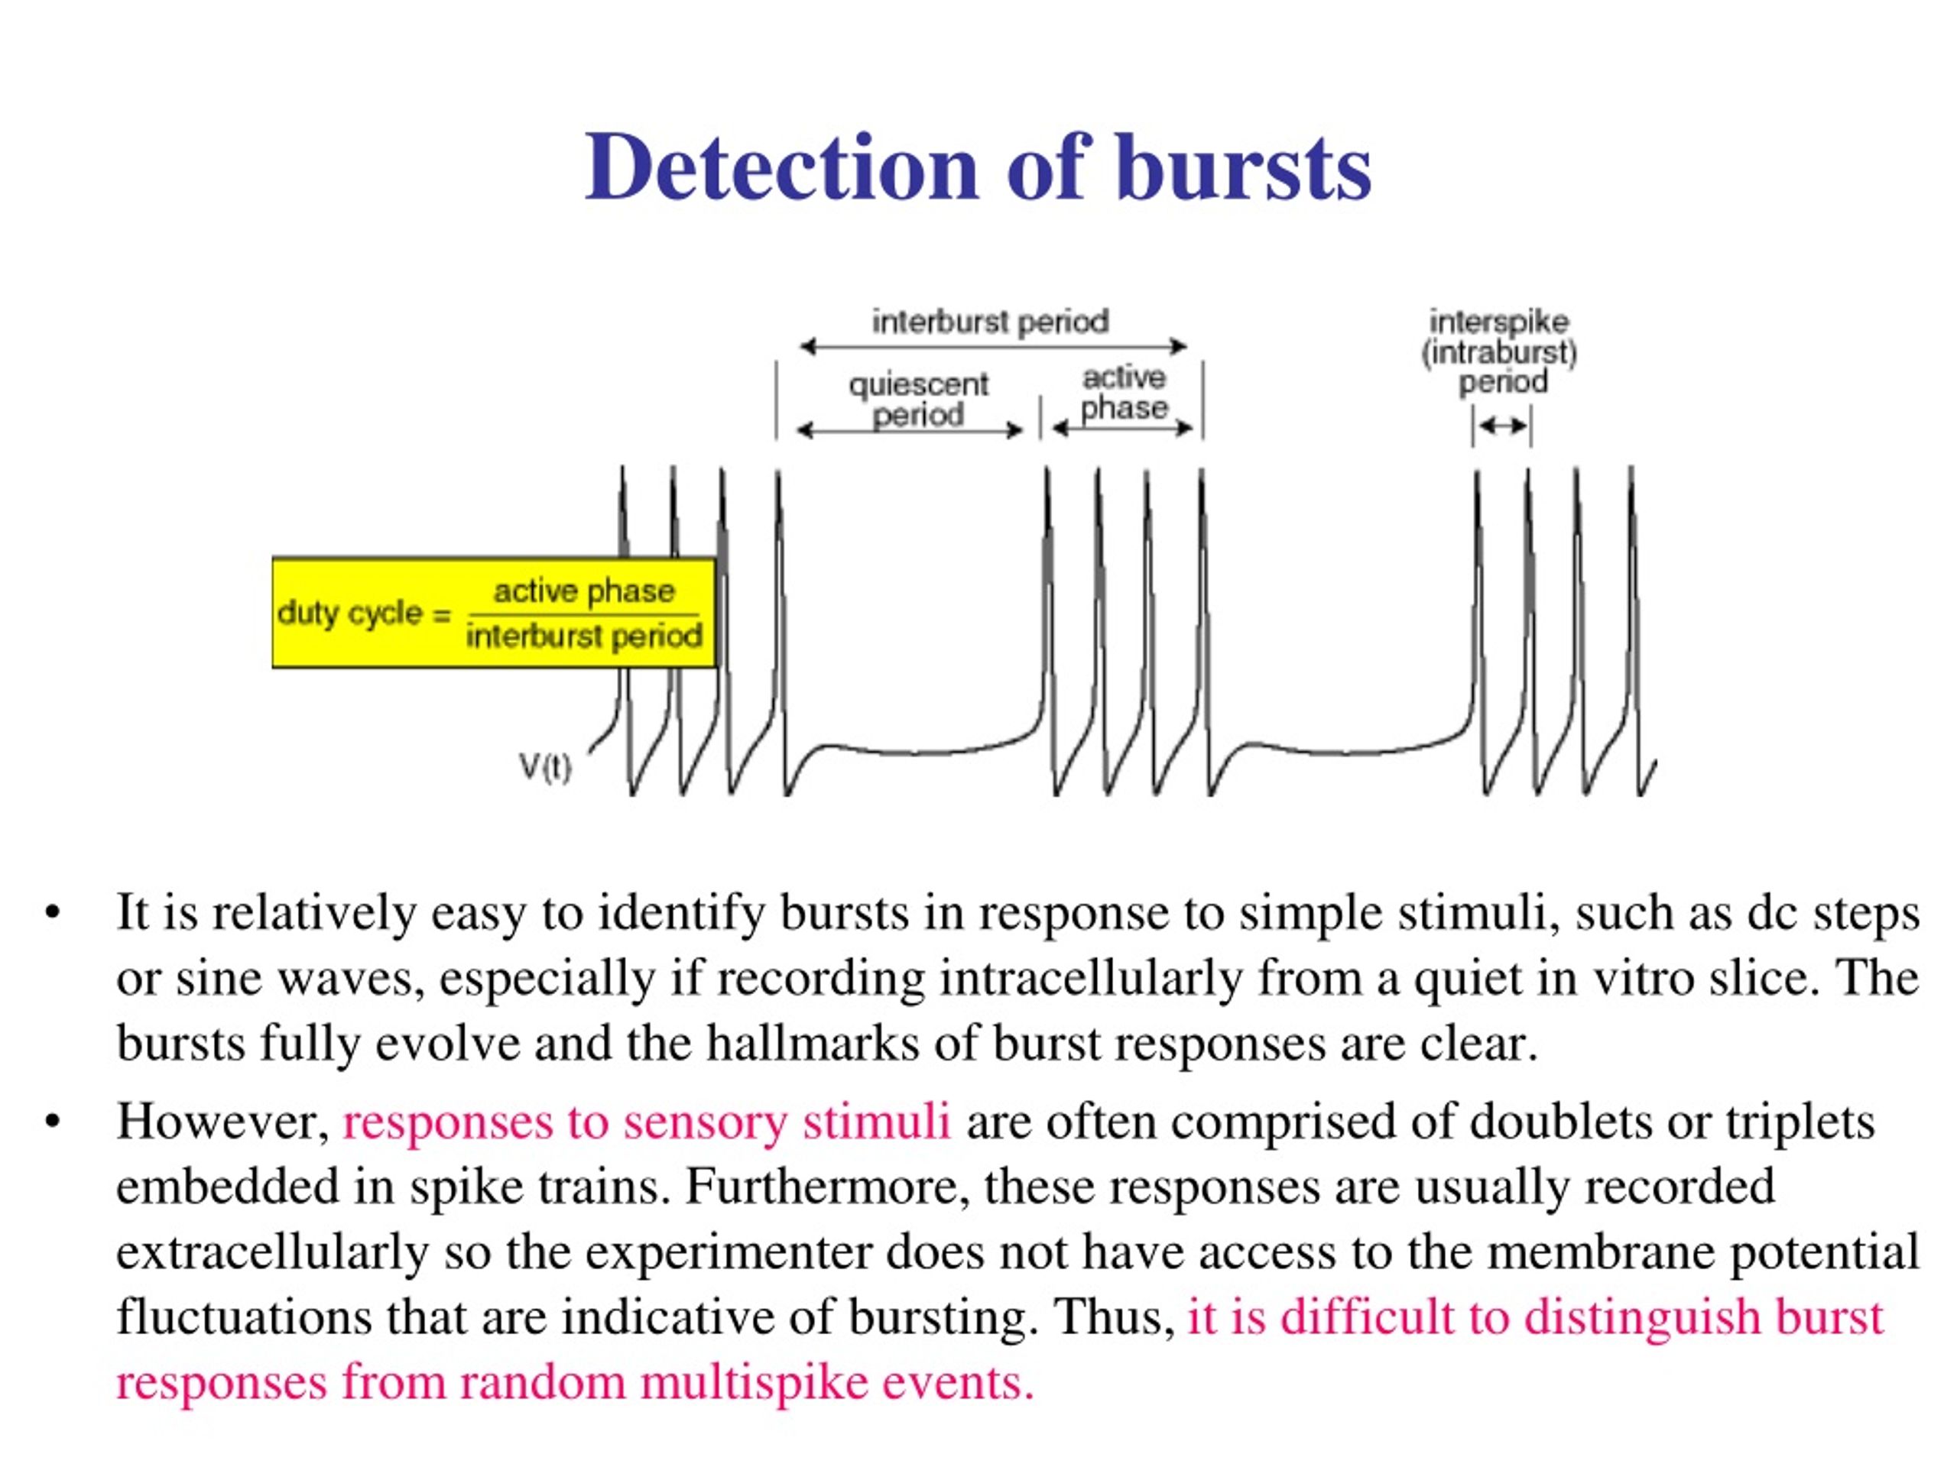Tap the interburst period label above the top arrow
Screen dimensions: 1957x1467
pyautogui.click(x=990, y=321)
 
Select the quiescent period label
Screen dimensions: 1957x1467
pyautogui.click(x=918, y=400)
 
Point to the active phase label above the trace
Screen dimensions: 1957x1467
pyautogui.click(x=1125, y=393)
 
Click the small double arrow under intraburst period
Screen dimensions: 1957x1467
pyautogui.click(x=1502, y=426)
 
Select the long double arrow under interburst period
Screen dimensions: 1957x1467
pyautogui.click(x=993, y=346)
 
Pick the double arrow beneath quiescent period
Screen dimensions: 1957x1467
pyautogui.click(x=910, y=431)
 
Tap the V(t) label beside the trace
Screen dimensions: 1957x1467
pyautogui.click(x=545, y=766)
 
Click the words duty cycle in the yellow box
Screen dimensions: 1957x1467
pyautogui.click(x=350, y=613)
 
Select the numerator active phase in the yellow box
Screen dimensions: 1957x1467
pyautogui.click(x=584, y=591)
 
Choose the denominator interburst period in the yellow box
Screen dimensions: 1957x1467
pyautogui.click(x=584, y=635)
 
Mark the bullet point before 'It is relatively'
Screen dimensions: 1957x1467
pyautogui.click(x=52, y=912)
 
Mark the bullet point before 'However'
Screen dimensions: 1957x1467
pyautogui.click(x=52, y=1121)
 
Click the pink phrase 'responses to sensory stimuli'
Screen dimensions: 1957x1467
pyautogui.click(x=647, y=1121)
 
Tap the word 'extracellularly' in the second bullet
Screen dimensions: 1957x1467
pyautogui.click(x=272, y=1252)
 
